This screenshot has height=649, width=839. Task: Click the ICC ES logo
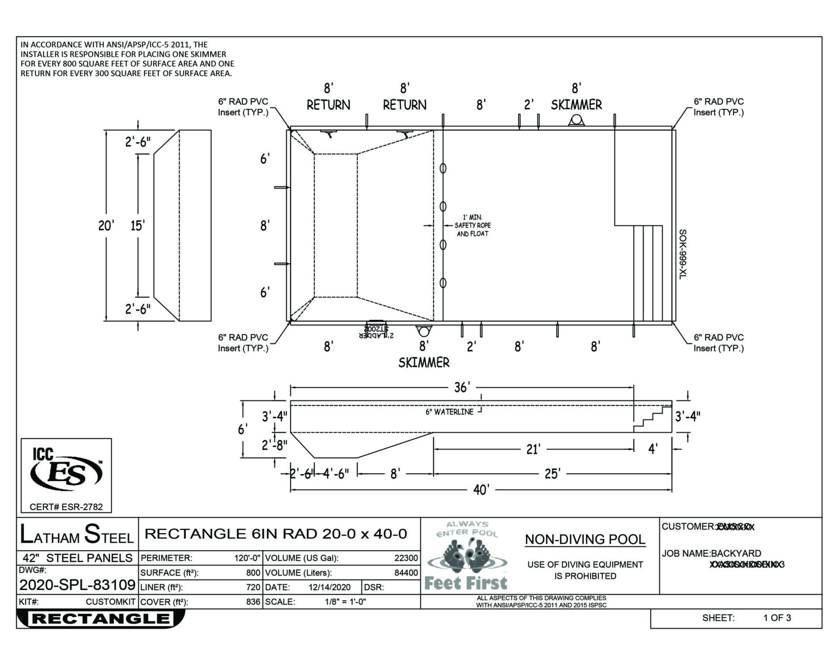coord(66,471)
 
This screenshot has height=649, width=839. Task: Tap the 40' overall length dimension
coord(481,490)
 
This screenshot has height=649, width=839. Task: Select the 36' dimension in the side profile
coord(462,387)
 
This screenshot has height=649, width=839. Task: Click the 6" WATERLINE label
coord(449,412)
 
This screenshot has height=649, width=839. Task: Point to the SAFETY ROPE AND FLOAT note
coord(472,226)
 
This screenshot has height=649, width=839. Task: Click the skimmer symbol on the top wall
coord(576,120)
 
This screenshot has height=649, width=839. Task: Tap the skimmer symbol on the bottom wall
coord(423,330)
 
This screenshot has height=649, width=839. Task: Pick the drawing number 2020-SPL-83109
coord(77,585)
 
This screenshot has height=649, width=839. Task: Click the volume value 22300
coord(406,558)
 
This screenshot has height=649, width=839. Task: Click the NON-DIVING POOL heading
coord(585,540)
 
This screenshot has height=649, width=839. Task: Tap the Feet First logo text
coord(466,583)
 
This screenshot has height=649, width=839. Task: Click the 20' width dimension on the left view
coord(106,226)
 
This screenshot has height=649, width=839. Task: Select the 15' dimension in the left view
coord(138,226)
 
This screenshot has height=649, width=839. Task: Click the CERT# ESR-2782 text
coord(66,507)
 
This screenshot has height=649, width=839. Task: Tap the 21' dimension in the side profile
coord(533,449)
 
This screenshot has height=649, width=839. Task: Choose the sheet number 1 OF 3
coord(777,618)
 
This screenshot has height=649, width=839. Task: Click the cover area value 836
coord(253,602)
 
